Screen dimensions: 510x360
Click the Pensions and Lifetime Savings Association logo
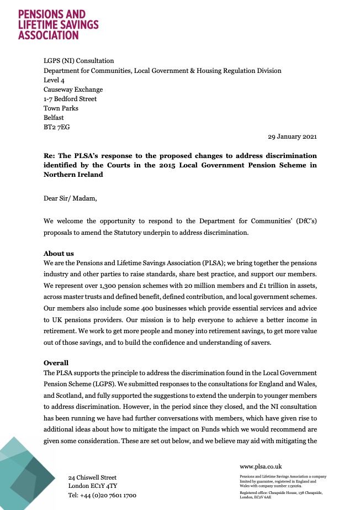pyautogui.click(x=58, y=24)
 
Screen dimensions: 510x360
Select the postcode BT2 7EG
pyautogui.click(x=57, y=127)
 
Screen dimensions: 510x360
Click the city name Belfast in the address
pyautogui.click(x=54, y=117)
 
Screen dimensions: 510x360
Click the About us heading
pyautogui.click(x=59, y=254)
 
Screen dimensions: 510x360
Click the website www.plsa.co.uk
pyautogui.click(x=261, y=466)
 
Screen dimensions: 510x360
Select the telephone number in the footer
pyautogui.click(x=102, y=495)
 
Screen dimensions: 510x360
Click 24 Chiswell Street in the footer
pyautogui.click(x=92, y=477)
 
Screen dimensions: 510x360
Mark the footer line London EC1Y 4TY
pyautogui.click(x=92, y=486)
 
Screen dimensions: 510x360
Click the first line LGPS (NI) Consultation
pyautogui.click(x=79, y=61)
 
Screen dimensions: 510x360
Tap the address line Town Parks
pyautogui.click(x=61, y=108)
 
